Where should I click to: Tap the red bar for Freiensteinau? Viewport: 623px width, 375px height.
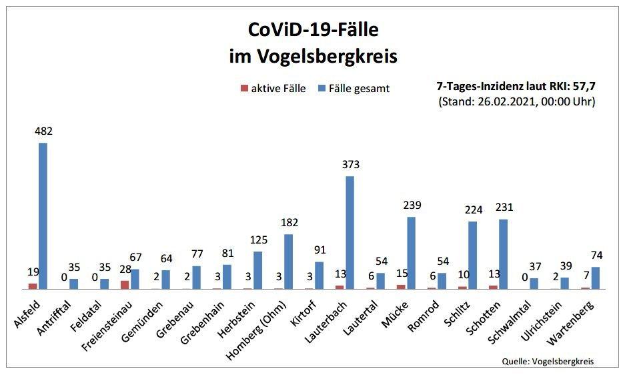(125, 284)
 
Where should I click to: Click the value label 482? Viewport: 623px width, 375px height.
(43, 131)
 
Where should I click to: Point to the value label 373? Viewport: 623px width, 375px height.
(350, 165)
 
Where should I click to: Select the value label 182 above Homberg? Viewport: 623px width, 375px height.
(289, 223)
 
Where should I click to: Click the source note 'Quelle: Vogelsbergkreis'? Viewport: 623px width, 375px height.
(548, 361)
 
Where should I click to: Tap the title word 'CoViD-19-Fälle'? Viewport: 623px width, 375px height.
(312, 30)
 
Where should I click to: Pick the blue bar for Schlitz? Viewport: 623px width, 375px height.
(472, 255)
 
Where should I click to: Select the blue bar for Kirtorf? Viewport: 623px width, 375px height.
(319, 275)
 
